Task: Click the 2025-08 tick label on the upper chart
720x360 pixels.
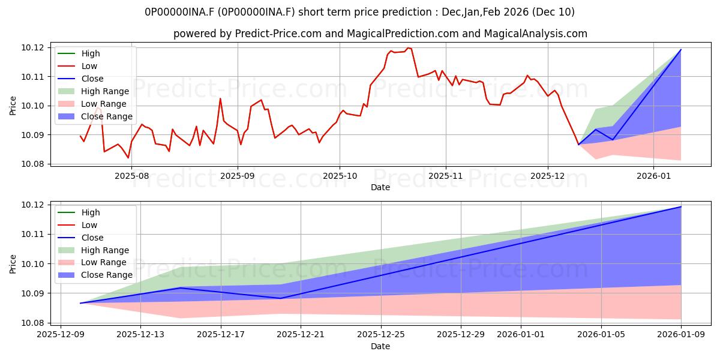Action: [131, 176]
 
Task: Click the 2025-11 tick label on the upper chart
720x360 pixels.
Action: [445, 176]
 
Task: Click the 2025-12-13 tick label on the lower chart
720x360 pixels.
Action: [140, 335]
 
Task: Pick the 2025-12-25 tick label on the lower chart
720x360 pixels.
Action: [381, 335]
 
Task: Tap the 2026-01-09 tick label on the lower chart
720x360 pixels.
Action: [682, 335]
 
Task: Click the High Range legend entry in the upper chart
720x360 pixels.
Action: [105, 91]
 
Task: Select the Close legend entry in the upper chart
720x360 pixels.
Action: [92, 79]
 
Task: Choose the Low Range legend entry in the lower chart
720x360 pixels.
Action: [104, 262]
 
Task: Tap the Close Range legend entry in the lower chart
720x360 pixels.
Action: [107, 275]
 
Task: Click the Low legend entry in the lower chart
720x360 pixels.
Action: [89, 225]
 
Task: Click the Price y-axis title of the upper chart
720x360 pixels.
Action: [13, 105]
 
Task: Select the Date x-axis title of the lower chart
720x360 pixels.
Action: [380, 346]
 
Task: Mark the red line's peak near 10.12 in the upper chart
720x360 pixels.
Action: [408, 48]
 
